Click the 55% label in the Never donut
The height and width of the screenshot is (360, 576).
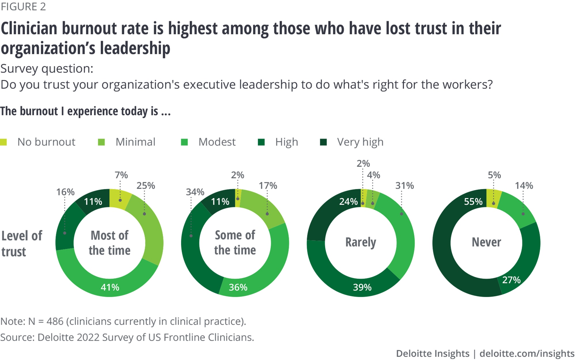[473, 201]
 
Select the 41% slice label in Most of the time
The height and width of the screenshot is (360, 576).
[110, 287]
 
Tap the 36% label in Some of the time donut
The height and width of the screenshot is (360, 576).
[238, 287]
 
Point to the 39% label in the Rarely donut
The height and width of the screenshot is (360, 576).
[362, 287]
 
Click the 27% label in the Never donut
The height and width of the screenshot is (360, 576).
[511, 280]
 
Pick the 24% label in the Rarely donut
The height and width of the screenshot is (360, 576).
[348, 201]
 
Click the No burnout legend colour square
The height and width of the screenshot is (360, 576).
[3, 142]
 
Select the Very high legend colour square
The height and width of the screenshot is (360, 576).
[323, 142]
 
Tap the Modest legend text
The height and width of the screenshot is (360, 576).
[217, 142]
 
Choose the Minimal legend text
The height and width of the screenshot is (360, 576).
[135, 142]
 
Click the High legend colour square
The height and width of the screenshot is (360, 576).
[261, 142]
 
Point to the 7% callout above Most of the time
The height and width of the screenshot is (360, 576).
[121, 175]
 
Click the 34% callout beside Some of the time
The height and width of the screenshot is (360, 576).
[195, 192]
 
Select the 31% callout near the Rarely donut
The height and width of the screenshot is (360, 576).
[404, 185]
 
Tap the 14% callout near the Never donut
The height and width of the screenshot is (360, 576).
[524, 185]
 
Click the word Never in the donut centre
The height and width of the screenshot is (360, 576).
[486, 242]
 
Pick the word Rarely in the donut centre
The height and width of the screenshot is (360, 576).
[361, 242]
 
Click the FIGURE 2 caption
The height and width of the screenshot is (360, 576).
[23, 7]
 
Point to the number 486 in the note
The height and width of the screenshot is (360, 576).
[55, 321]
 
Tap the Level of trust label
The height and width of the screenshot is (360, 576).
[22, 243]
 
